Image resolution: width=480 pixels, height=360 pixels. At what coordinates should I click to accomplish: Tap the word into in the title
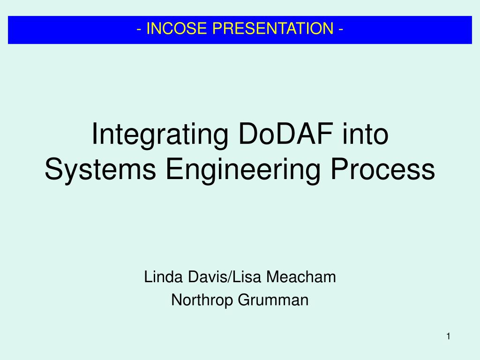click(366, 134)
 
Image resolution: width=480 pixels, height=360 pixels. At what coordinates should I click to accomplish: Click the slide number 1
click(449, 336)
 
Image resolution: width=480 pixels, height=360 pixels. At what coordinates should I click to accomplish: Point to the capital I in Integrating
click(95, 134)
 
